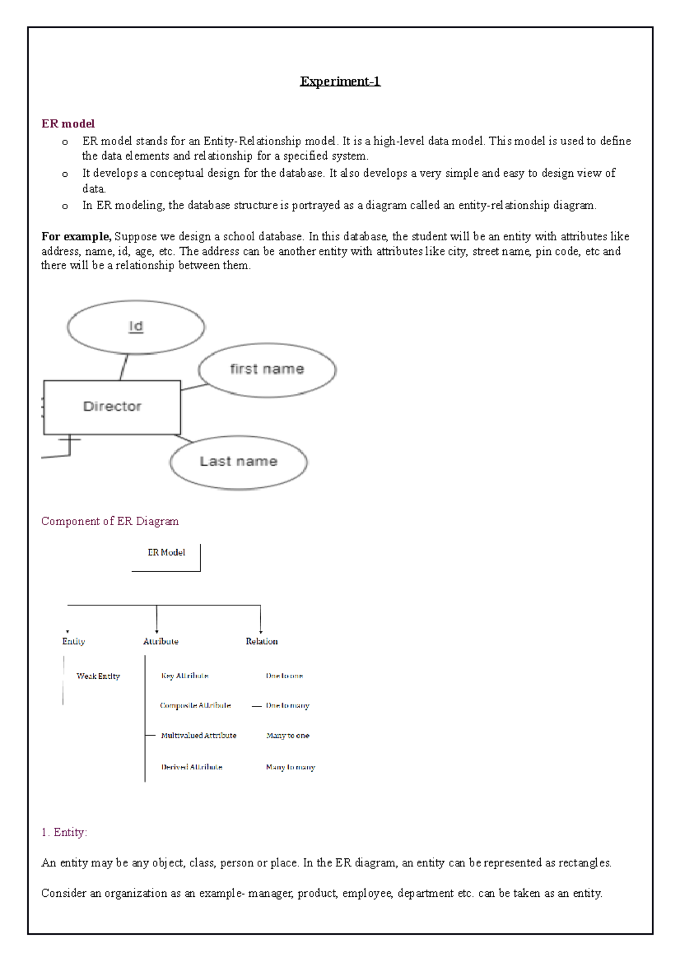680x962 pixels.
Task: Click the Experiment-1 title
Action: tap(340, 82)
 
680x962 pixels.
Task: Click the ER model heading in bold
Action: tap(68, 124)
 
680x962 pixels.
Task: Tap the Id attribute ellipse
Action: tap(136, 327)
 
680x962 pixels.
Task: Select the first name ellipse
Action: tap(267, 369)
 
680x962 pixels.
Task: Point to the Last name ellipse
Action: tap(239, 462)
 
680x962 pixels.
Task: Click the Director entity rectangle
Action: tap(112, 407)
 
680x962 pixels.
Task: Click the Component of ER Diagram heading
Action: tap(110, 521)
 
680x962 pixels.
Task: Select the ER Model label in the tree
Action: tap(166, 552)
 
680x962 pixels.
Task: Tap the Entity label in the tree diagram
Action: tap(74, 641)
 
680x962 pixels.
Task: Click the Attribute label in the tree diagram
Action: tap(161, 641)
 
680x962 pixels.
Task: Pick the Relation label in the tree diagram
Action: tap(261, 641)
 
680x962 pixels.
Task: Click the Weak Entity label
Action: tap(98, 676)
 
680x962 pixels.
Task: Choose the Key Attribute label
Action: tap(185, 676)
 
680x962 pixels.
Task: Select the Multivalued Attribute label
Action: tap(198, 735)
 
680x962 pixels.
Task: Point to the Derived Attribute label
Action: tap(192, 767)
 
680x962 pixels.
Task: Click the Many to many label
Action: tap(290, 767)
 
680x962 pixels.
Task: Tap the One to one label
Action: tap(284, 676)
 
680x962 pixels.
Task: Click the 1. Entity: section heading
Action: tap(64, 832)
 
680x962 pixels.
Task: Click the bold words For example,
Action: tap(76, 237)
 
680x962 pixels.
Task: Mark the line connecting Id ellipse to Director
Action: tap(124, 367)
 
